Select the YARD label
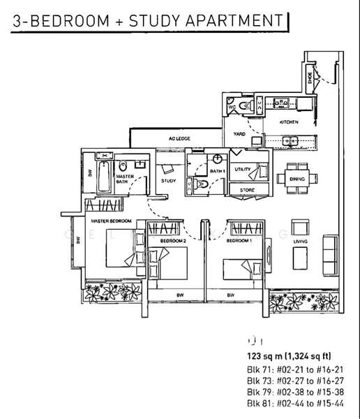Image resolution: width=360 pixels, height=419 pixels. click(239, 133)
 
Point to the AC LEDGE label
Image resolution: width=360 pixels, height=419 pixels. click(179, 138)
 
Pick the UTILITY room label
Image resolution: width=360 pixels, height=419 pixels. click(242, 170)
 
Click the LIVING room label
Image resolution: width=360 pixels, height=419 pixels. click(301, 242)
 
